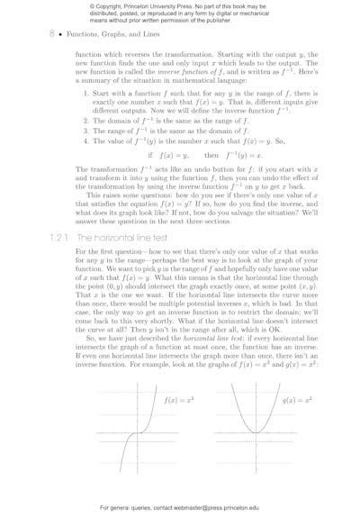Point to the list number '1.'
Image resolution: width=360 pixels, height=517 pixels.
86,92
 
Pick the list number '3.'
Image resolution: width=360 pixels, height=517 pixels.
86,130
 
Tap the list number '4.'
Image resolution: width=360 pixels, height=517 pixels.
86,141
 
